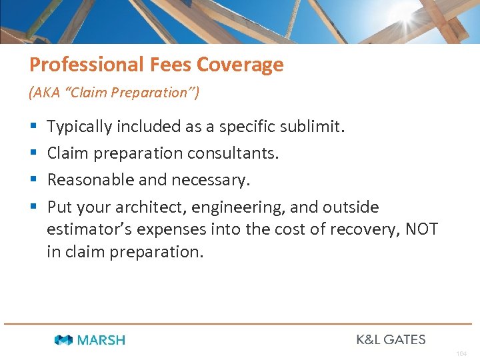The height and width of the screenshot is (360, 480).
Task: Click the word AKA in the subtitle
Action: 43,93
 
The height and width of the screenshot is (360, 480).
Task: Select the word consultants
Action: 232,153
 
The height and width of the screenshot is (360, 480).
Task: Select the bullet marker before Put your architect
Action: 33,207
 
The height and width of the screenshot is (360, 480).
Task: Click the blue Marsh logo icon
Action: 64,340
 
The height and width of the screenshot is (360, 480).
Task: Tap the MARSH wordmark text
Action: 101,340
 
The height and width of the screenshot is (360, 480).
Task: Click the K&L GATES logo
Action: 391,339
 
